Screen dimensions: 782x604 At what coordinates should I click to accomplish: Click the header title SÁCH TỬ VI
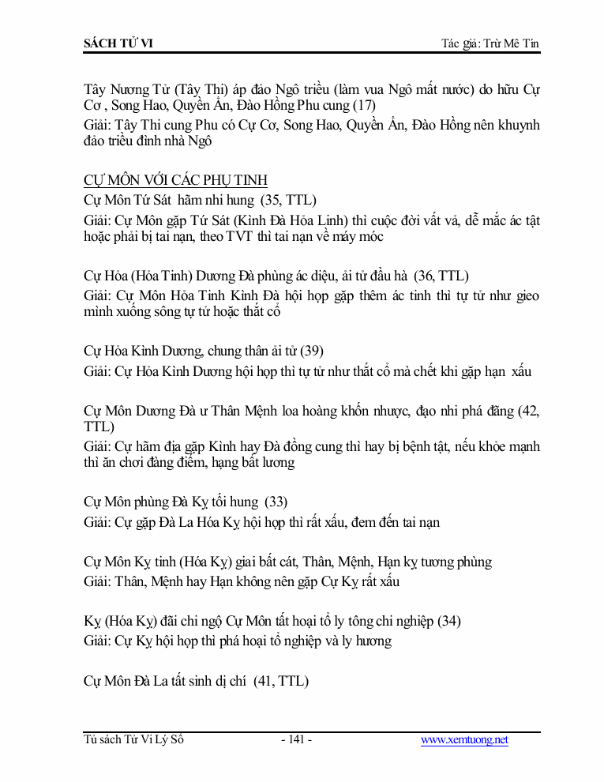coord(118,43)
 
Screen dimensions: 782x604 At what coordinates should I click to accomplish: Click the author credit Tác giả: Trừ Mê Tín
coord(490,43)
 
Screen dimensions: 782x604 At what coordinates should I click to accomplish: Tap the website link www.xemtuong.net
coord(464,740)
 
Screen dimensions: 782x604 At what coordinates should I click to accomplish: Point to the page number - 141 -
coord(296,740)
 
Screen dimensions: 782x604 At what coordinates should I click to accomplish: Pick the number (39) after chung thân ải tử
coord(311,351)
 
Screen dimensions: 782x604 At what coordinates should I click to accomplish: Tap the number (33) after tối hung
coord(276,502)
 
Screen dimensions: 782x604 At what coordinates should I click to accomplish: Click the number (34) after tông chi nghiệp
coord(448,621)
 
